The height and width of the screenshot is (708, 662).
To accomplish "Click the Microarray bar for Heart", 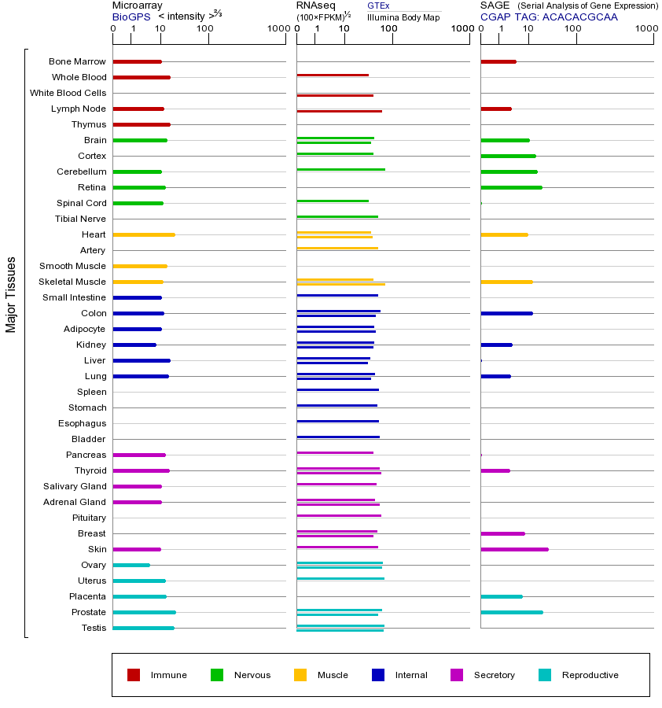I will (144, 234).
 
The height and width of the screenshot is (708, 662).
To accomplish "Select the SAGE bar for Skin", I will (514, 549).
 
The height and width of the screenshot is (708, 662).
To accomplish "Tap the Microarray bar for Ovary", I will (131, 565).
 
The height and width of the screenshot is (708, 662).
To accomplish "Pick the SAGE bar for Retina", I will (511, 187).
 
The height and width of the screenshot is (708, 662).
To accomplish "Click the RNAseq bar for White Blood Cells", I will (335, 95).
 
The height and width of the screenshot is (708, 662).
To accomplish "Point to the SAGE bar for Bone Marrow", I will (498, 61).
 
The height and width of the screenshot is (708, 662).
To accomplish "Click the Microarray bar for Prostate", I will (144, 612).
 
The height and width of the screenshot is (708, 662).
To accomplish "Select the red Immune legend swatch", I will (134, 675).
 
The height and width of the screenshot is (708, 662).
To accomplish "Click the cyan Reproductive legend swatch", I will (545, 675).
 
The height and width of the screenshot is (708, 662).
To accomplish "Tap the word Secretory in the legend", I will (494, 675).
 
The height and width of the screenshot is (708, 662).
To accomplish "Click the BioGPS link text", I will (131, 17).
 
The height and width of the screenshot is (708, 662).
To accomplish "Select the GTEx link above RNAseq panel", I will (378, 6).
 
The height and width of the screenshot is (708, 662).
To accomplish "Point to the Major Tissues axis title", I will (11, 294).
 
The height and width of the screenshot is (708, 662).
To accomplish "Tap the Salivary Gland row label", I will (75, 486).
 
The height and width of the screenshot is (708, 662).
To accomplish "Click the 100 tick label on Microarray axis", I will (204, 29).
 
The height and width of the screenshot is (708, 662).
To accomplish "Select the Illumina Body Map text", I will (403, 17).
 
